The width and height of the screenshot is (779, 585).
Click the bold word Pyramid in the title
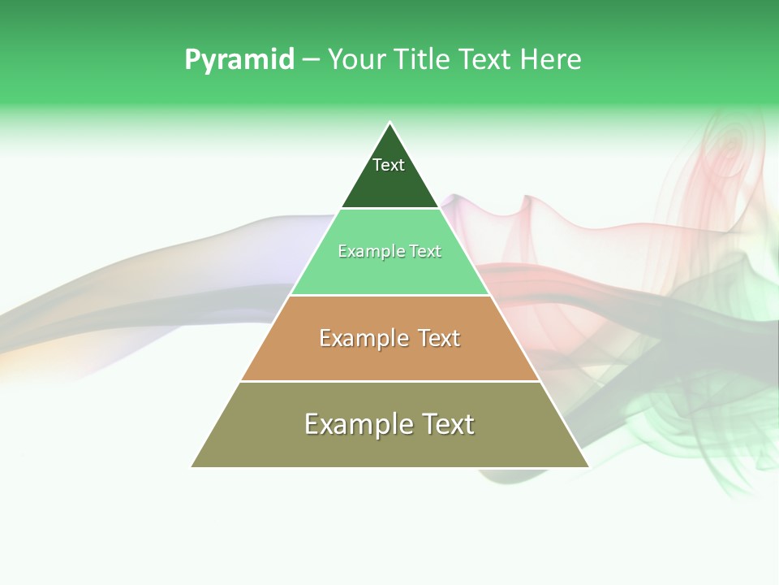(239, 60)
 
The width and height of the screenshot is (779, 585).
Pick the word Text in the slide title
(484, 60)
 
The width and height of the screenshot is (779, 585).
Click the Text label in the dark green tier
(389, 165)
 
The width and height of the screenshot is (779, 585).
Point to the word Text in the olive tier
(447, 424)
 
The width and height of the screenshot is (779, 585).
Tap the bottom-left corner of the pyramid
(192, 466)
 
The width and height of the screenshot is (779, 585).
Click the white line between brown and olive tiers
(390, 381)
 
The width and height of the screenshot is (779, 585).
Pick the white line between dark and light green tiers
(390, 209)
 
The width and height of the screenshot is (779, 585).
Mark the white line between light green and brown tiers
(390, 295)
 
